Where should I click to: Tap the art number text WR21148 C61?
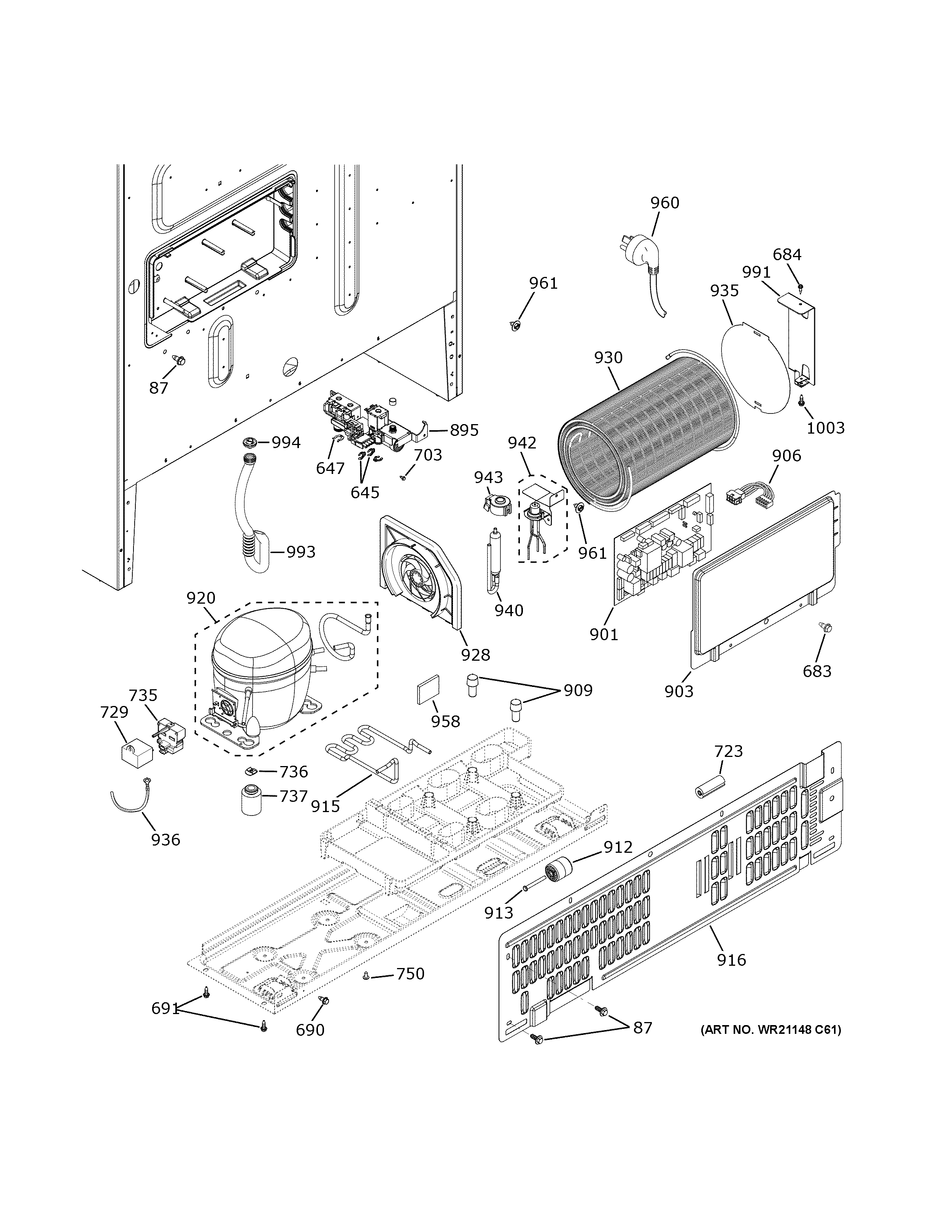click(771, 1030)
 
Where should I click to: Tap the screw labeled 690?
click(324, 1000)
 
